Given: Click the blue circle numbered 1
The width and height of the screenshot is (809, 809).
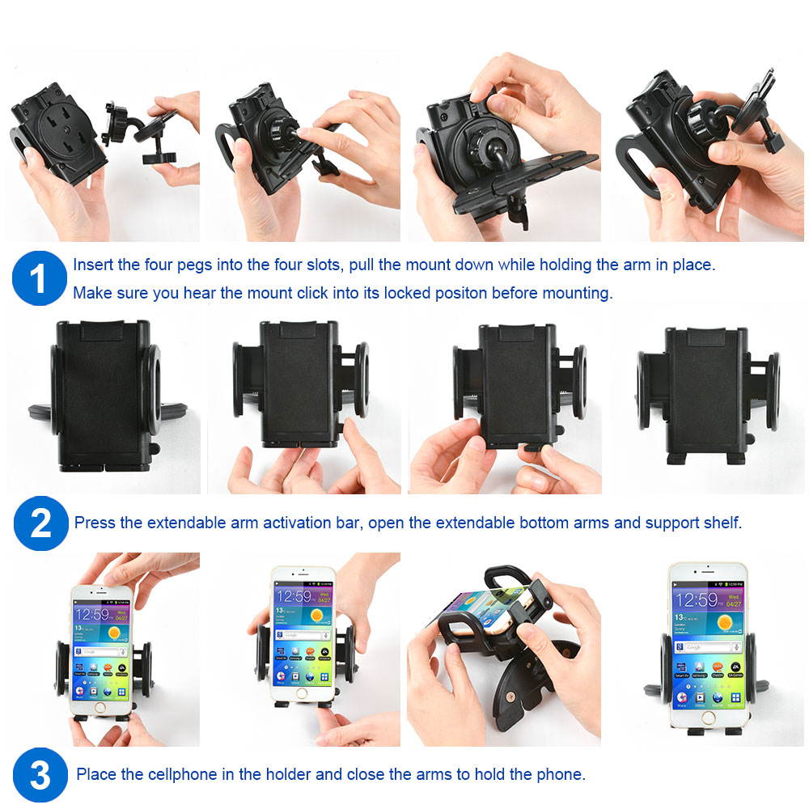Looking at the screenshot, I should [x=39, y=278].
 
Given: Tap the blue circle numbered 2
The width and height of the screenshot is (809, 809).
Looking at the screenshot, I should [x=40, y=523].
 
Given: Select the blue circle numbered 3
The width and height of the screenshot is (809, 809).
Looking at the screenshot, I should [x=40, y=775].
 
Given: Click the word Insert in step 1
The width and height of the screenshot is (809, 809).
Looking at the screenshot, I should [x=92, y=265].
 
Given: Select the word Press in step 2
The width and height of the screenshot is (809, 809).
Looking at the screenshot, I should [x=95, y=523].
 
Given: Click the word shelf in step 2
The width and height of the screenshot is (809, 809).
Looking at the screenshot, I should [x=723, y=523].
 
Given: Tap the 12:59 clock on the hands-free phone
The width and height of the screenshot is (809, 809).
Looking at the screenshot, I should [x=697, y=599].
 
